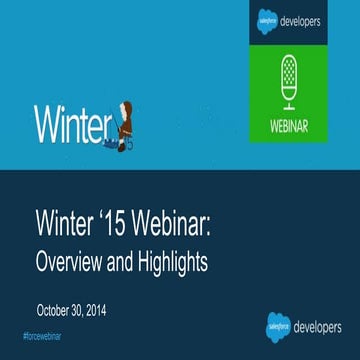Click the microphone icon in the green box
(x=287, y=76)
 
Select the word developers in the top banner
(x=304, y=19)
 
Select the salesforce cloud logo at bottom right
(x=278, y=327)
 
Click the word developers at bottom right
(x=320, y=327)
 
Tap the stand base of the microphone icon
(x=287, y=106)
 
